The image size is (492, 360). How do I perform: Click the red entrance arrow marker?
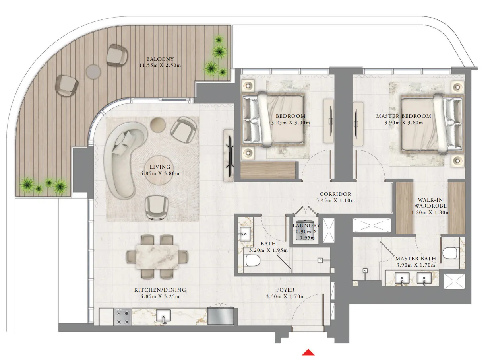point(308,352)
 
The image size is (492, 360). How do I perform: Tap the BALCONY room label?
point(160,59)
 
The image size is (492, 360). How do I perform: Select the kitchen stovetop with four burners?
point(123,317)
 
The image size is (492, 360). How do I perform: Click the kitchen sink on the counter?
point(163,317)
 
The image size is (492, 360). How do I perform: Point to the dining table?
point(157,257)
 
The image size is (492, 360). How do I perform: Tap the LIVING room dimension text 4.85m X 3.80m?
point(160,173)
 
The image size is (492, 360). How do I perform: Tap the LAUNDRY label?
point(306,226)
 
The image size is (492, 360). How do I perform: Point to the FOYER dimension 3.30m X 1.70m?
point(285,296)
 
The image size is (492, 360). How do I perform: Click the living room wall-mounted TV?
point(229,155)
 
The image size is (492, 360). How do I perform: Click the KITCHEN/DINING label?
point(160,290)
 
